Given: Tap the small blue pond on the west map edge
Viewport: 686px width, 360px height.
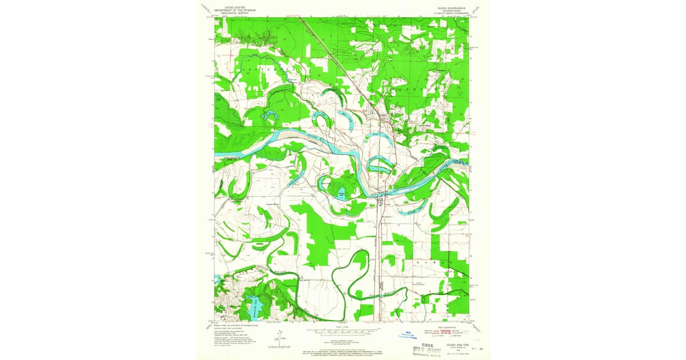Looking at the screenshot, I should tap(217, 280).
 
